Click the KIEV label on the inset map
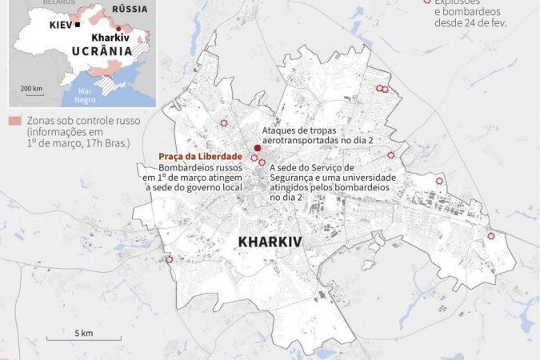pos(59,26)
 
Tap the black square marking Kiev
pos(78,26)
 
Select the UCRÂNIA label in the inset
pos(102,51)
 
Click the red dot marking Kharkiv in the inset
pos(118,28)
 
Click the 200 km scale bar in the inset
pos(31,96)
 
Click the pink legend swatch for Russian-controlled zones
pos(14,120)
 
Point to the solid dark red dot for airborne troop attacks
pos(257,148)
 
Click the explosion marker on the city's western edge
pos(169,259)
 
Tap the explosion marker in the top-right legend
pos(426,2)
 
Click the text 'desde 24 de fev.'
pos(470,23)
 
